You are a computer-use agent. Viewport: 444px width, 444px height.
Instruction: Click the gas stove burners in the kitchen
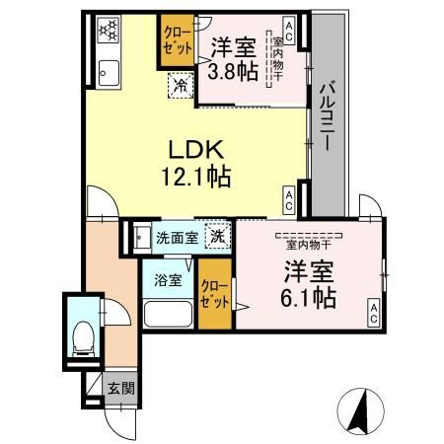pos(109,30)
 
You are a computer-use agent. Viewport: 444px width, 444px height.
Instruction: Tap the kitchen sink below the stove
pos(109,73)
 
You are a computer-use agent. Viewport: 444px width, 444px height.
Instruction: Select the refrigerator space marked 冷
pos(181,86)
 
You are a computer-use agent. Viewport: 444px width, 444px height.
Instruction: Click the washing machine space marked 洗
pos(218,236)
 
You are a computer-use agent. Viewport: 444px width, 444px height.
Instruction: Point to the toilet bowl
pos(83,338)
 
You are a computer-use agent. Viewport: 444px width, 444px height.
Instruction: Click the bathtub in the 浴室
pos(168,314)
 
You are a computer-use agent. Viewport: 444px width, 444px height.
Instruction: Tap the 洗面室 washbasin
pos(142,238)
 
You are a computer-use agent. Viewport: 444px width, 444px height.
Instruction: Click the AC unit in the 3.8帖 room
pos(289,33)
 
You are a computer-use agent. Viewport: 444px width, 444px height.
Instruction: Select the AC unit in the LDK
pos(289,200)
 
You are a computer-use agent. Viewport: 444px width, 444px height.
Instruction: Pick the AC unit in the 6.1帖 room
pos(374,313)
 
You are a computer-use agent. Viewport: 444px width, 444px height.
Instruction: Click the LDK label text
pos(196,150)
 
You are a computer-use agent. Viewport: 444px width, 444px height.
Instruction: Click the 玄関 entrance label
pos(121,389)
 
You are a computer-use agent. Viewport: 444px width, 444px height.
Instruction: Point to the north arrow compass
pos(361,410)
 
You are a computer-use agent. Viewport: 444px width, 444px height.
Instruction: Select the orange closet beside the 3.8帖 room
pos(178,40)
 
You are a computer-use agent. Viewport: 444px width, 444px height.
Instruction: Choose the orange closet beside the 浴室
pos(215,294)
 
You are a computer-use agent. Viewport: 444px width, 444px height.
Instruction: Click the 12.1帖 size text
pos(196,177)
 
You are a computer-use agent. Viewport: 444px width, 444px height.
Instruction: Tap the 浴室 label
pos(168,280)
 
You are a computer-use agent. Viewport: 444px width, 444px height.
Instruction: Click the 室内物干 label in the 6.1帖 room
pos(309,245)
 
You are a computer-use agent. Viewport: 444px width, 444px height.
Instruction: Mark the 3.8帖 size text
pos(233,71)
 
